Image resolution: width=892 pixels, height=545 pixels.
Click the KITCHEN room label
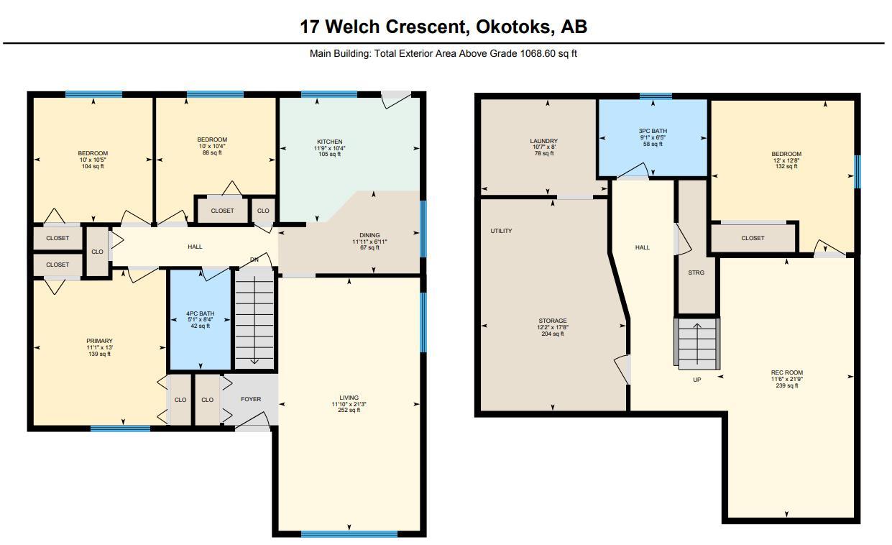click(x=330, y=142)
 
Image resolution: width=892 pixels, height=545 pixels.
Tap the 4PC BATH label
click(x=201, y=313)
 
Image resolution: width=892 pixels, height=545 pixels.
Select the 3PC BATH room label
click(x=653, y=131)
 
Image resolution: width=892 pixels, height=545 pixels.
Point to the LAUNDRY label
click(x=543, y=141)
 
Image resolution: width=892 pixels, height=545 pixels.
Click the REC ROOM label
click(x=786, y=372)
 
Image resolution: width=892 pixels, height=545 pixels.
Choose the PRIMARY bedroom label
click(x=100, y=341)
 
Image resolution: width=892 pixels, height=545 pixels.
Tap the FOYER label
click(x=251, y=399)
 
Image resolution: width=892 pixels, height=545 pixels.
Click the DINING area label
click(x=370, y=235)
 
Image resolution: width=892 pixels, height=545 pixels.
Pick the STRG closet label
click(x=696, y=272)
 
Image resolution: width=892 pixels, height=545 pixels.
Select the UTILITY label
click(x=501, y=231)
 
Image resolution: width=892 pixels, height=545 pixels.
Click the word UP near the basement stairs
click(x=696, y=380)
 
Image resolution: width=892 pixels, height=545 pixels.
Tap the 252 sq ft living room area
click(x=349, y=411)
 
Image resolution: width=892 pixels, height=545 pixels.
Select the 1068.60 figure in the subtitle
click(x=537, y=53)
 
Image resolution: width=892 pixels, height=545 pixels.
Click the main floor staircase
click(x=255, y=319)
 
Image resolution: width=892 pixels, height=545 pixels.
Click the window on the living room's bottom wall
click(x=349, y=534)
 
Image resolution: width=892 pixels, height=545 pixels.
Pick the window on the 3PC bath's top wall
click(x=656, y=96)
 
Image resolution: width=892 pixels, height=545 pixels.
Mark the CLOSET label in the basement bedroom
click(x=753, y=238)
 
